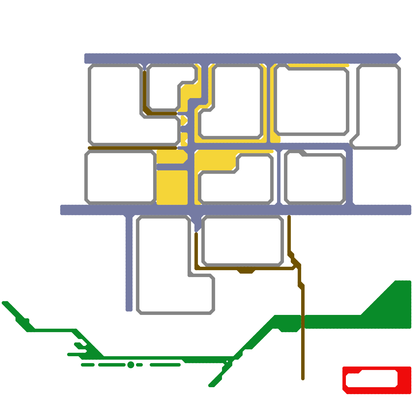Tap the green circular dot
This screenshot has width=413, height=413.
tap(131, 365)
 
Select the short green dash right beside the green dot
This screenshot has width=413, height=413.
tap(139, 365)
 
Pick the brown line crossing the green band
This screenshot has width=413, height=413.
tap(303, 323)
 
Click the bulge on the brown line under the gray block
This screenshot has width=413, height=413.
tap(246, 271)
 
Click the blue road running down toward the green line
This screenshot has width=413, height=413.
tap(129, 263)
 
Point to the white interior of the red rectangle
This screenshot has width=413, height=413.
tap(372, 379)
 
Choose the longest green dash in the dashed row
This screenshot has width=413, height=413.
tap(165, 365)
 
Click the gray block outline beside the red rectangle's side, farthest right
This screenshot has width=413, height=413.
tap(399, 106)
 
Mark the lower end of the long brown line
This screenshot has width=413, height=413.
tap(303, 378)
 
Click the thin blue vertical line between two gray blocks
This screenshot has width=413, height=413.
tap(279, 178)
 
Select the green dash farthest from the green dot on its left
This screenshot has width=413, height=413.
tap(88, 365)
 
